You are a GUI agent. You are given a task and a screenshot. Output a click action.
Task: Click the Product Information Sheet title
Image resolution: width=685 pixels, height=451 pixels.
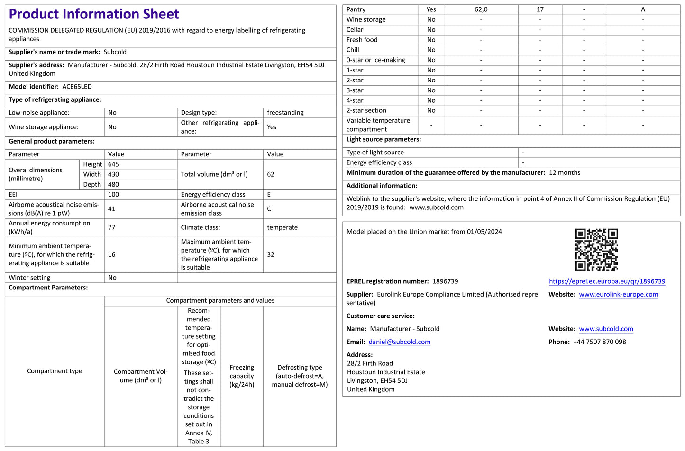coord(94,14)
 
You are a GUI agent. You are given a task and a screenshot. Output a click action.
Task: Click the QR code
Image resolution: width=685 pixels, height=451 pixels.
coord(596,250)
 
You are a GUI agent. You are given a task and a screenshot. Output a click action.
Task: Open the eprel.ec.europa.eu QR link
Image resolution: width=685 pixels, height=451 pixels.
coord(607,281)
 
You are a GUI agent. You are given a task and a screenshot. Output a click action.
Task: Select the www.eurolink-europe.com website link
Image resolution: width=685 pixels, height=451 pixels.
coord(618,294)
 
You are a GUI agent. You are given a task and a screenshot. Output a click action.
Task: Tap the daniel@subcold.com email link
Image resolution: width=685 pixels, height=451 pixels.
coord(399,342)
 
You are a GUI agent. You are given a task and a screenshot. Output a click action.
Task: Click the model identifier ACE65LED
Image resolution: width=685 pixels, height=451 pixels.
coord(77,87)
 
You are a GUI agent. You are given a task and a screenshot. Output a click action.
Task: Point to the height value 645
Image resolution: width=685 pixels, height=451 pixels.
coord(113,164)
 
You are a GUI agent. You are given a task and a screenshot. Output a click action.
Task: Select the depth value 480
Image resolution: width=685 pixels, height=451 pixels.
coord(113,184)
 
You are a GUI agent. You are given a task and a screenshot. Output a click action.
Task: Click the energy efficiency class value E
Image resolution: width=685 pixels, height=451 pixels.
coord(269,195)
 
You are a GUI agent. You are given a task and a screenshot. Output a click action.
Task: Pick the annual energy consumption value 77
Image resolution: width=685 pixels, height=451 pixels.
coord(112,227)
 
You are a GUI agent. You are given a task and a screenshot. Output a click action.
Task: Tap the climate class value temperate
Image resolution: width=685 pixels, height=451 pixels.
coord(282,227)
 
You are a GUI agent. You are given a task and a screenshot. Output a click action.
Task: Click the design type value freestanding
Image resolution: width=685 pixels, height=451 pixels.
coord(285,113)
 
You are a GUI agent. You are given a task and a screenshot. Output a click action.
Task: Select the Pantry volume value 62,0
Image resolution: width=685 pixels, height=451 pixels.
coord(481,9)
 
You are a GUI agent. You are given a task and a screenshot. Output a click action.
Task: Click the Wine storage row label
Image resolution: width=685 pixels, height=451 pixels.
coord(366,19)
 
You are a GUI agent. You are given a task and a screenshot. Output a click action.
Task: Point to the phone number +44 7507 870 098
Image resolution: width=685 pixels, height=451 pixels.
coord(599,342)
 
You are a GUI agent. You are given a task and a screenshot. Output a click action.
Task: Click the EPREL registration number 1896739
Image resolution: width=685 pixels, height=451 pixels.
coord(445,281)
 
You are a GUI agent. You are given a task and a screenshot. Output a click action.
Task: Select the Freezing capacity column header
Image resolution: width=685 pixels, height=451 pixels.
coord(242,376)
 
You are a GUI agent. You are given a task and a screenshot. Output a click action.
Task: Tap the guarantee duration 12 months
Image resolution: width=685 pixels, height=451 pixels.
coord(565,173)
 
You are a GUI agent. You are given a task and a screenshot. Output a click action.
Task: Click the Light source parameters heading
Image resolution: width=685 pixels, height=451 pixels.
coord(384,139)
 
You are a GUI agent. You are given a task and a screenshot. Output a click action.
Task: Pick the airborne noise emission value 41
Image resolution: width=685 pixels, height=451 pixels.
coord(112,209)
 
